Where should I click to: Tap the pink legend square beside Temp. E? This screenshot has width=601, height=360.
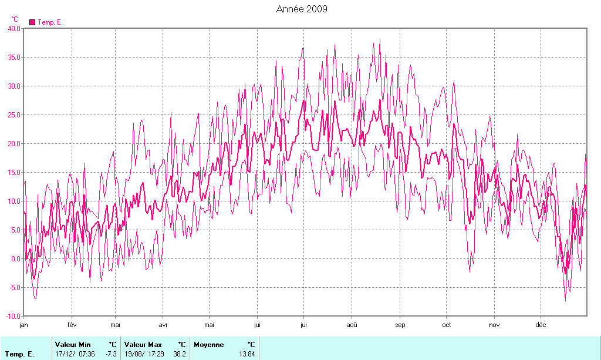(32, 22)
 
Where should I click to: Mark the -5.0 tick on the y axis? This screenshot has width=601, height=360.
(14, 287)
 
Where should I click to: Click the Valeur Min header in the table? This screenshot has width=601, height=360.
(72, 344)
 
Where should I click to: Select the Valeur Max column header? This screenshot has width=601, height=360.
(143, 344)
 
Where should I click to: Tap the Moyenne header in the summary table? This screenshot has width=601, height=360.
(209, 344)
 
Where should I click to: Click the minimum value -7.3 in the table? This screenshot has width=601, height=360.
(111, 354)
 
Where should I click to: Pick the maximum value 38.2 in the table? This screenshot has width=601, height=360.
(180, 354)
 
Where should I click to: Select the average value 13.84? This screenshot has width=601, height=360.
(247, 354)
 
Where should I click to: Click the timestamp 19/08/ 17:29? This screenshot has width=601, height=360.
(144, 354)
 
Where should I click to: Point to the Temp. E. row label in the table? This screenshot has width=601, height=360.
(19, 354)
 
